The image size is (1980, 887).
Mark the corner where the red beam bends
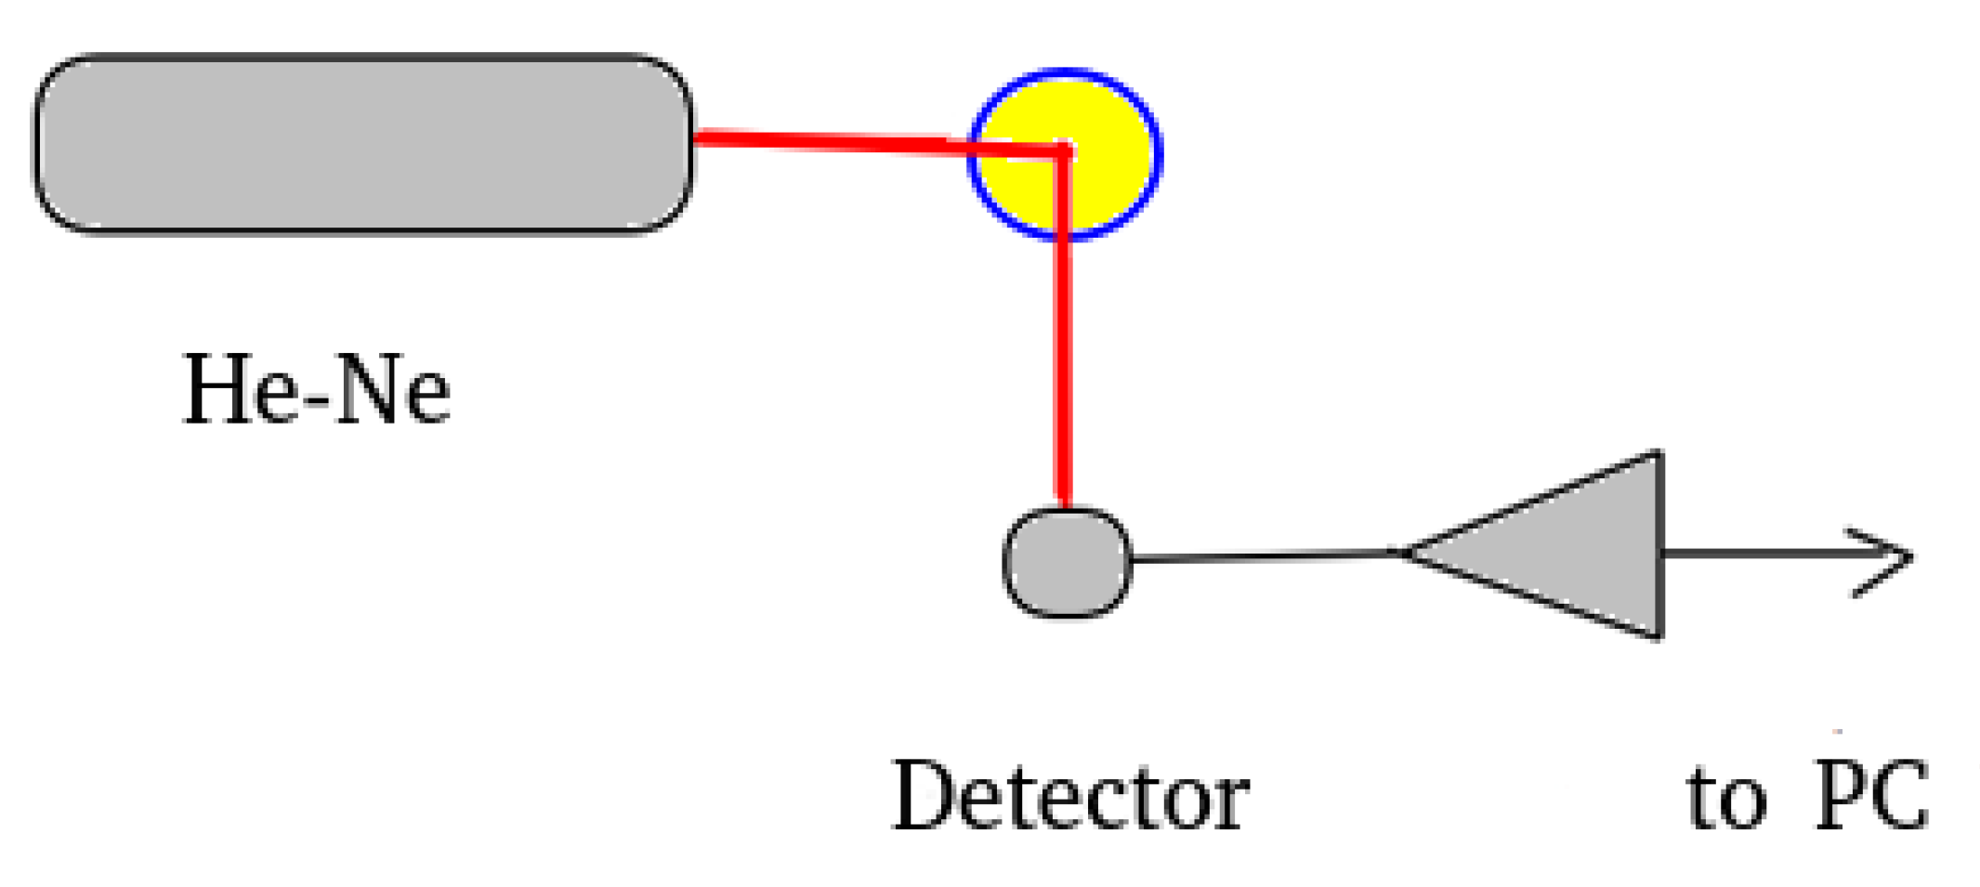click(1065, 150)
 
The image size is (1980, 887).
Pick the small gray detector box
click(1067, 562)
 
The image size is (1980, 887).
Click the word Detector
click(1070, 797)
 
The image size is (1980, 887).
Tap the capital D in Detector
click(923, 797)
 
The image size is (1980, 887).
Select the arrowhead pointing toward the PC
click(1891, 557)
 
